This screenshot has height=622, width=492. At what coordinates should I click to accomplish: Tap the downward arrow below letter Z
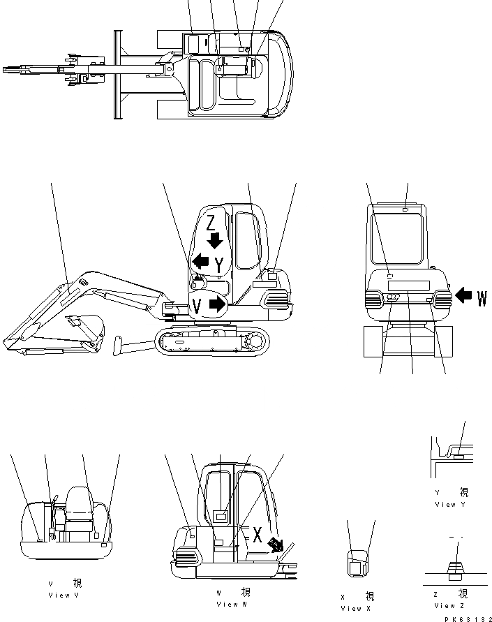pyautogui.click(x=215, y=241)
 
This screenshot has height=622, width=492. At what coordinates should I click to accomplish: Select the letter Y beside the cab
pyautogui.click(x=220, y=265)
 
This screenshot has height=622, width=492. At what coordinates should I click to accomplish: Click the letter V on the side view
pyautogui.click(x=197, y=305)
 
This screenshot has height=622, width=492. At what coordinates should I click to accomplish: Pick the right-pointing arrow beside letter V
pyautogui.click(x=218, y=304)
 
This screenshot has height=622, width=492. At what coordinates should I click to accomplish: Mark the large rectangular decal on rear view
pyautogui.click(x=408, y=286)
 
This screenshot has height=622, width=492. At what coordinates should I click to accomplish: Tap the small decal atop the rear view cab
pyautogui.click(x=406, y=209)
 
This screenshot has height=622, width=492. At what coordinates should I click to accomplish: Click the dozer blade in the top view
pyautogui.click(x=117, y=75)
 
